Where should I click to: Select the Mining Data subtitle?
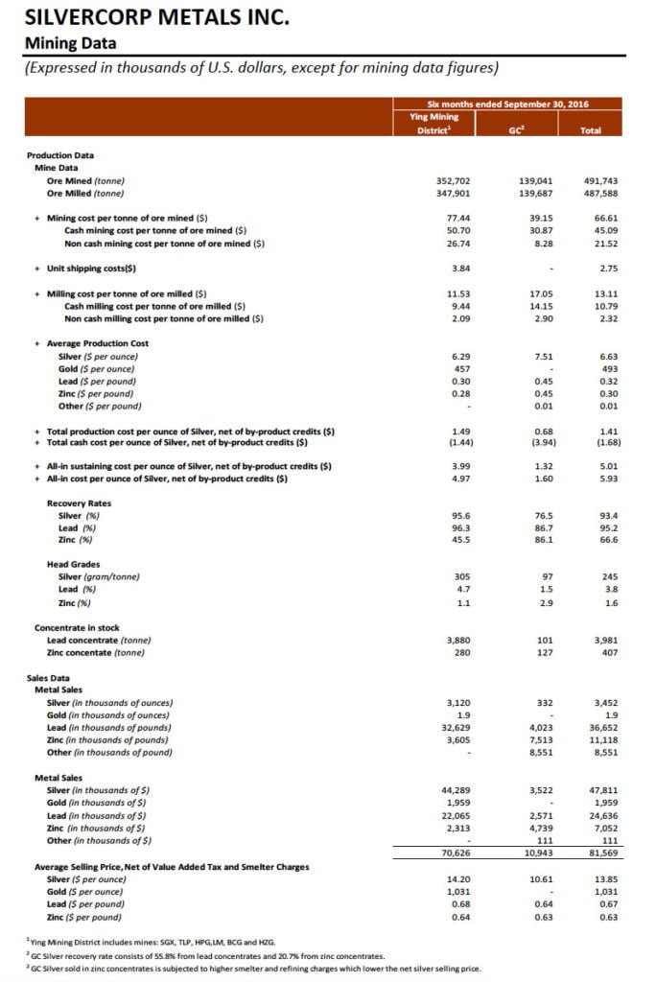(70, 42)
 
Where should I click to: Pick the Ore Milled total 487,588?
(600, 193)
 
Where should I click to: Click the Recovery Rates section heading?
(79, 503)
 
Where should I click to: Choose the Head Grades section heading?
(73, 564)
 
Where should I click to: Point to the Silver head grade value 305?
(459, 576)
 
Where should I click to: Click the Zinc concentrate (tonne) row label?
(96, 652)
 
